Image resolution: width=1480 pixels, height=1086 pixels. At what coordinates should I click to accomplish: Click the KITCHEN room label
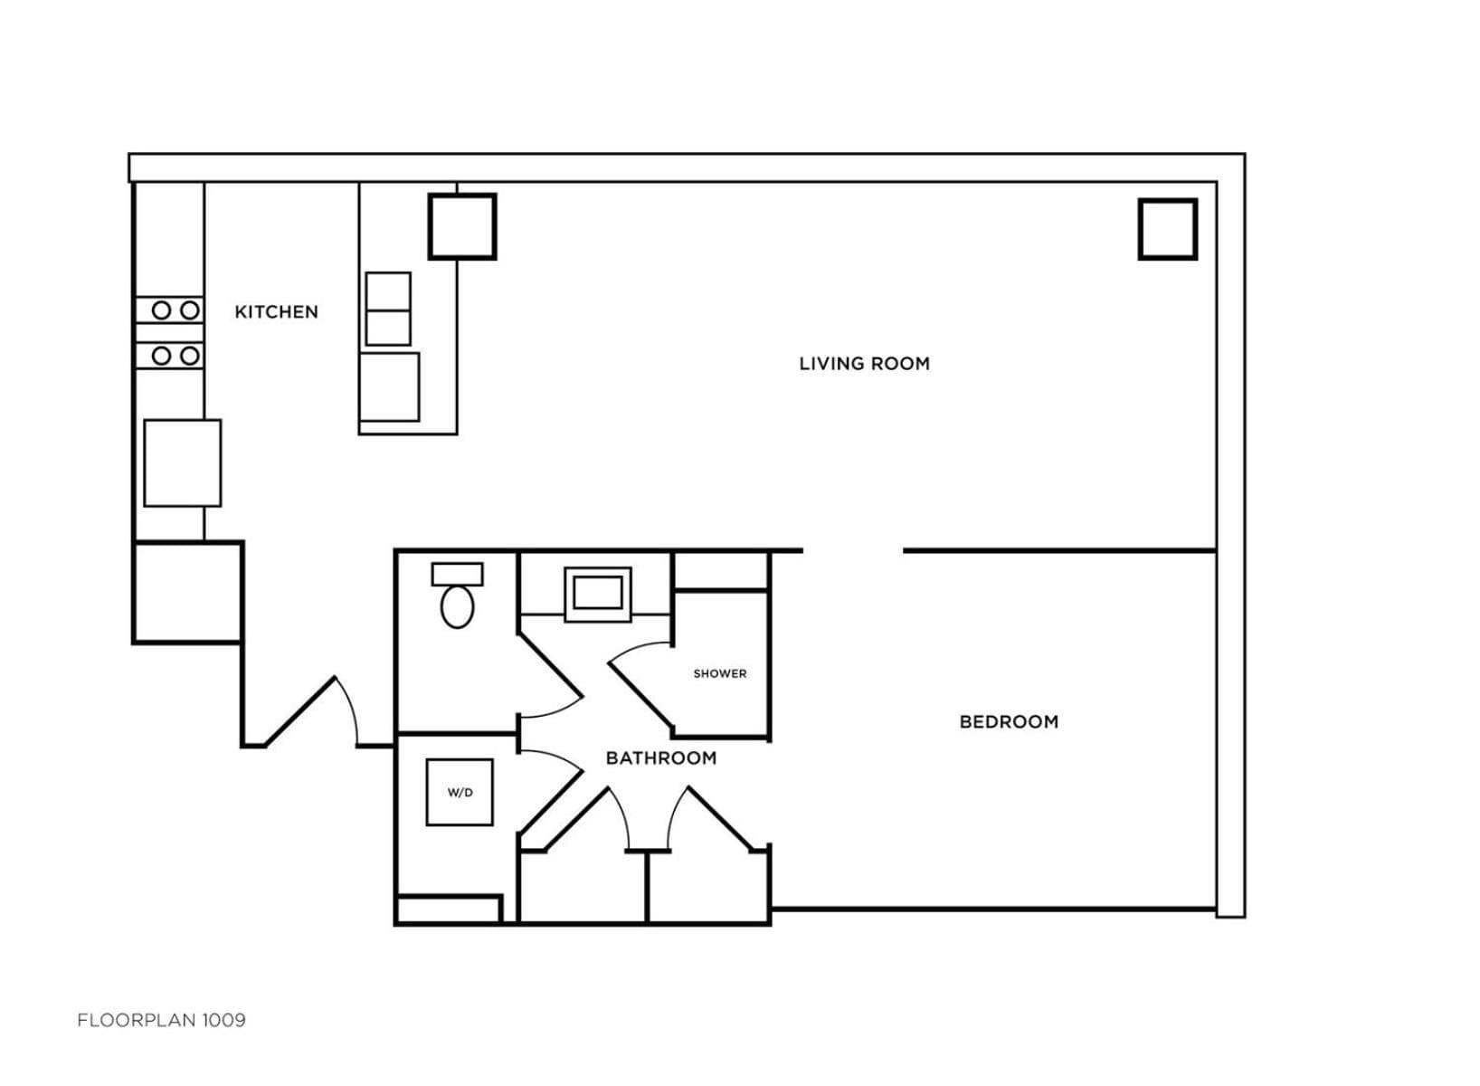click(x=276, y=312)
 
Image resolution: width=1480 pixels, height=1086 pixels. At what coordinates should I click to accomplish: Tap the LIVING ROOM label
click(x=864, y=364)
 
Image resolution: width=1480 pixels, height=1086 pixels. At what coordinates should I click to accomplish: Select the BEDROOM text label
click(x=1009, y=722)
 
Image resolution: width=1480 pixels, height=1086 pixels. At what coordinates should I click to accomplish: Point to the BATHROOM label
click(x=661, y=758)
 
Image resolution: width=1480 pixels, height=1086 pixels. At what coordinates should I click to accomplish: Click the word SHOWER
click(x=720, y=673)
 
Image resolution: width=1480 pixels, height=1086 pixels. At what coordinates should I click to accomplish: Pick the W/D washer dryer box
click(x=460, y=793)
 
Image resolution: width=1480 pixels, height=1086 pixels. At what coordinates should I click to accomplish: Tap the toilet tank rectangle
click(x=457, y=575)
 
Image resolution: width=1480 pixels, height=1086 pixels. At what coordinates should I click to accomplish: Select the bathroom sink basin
click(x=598, y=593)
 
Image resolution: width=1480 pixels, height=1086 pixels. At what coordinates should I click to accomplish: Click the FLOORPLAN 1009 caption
click(x=161, y=1021)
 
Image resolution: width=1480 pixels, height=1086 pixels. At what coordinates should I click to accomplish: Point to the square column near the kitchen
click(x=462, y=227)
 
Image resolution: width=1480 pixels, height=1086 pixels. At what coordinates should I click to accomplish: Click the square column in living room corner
click(x=1168, y=229)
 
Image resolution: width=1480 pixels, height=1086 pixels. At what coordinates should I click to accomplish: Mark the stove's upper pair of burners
click(x=176, y=310)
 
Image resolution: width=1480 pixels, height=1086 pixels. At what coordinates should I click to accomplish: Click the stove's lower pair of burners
click(x=176, y=357)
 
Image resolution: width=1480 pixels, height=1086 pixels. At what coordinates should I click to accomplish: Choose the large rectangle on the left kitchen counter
click(x=183, y=463)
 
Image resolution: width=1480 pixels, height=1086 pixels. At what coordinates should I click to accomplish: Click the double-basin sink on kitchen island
click(x=388, y=309)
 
